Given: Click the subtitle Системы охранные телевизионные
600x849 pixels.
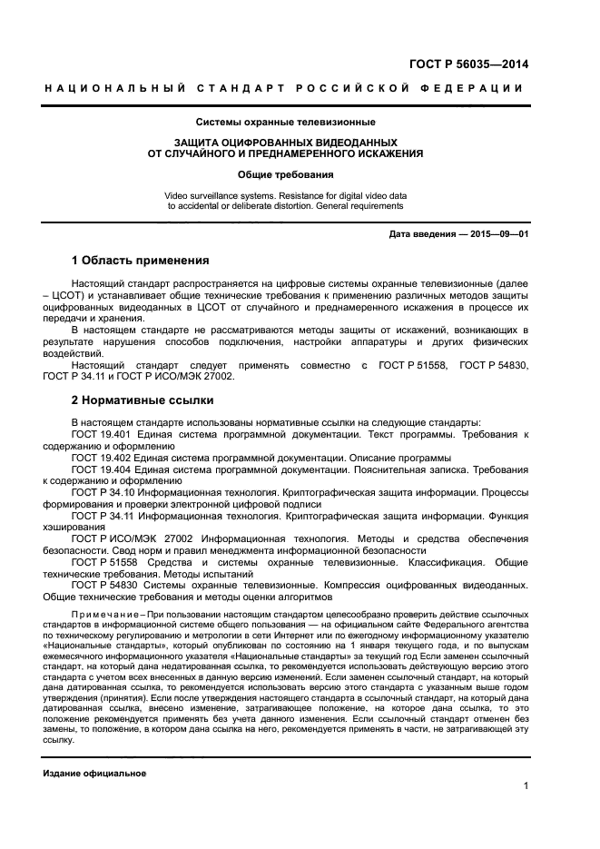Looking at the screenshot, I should [x=286, y=122].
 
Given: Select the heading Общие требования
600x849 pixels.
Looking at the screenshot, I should [x=286, y=174].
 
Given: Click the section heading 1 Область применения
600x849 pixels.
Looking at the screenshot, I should [x=140, y=261].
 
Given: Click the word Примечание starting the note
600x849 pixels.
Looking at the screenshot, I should [x=102, y=615].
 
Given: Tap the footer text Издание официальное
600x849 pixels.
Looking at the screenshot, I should [x=94, y=773].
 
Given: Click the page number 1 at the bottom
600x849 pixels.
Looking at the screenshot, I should [x=526, y=786].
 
